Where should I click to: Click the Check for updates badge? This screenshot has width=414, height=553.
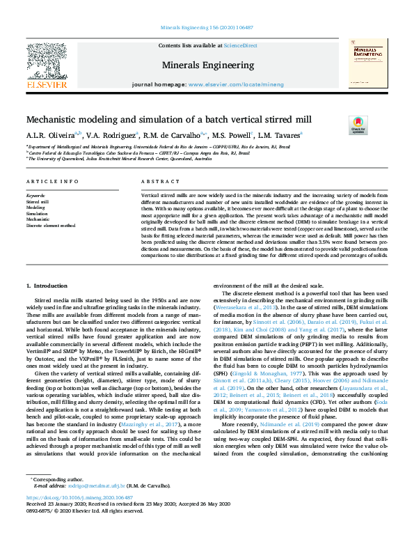(x=377, y=125)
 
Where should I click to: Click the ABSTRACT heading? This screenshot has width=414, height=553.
(x=155, y=182)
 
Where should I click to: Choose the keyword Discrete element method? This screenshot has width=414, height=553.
(x=50, y=226)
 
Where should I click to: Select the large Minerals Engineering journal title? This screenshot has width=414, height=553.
(x=207, y=65)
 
